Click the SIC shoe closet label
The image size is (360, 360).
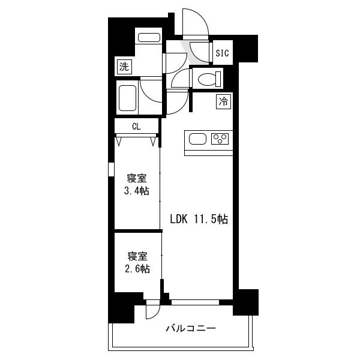pyautogui.click(x=222, y=53)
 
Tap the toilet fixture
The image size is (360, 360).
pyautogui.click(x=209, y=79)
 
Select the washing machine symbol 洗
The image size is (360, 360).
pyautogui.click(x=124, y=67)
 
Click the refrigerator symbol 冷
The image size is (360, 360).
pyautogui.click(x=223, y=101)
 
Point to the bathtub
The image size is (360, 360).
pyautogui.click(x=127, y=98)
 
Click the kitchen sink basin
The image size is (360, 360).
pyautogui.click(x=197, y=139)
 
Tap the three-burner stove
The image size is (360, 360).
pyautogui.click(x=220, y=139)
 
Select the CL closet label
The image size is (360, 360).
pyautogui.click(x=136, y=126)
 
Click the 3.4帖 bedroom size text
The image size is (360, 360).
pyautogui.click(x=137, y=191)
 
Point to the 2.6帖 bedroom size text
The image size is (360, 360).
pyautogui.click(x=137, y=269)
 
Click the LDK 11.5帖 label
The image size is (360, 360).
pyautogui.click(x=199, y=219)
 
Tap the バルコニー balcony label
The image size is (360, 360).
pyautogui.click(x=191, y=328)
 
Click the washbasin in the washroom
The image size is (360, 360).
pyautogui.click(x=149, y=38)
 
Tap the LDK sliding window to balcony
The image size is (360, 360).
pyautogui.click(x=195, y=302)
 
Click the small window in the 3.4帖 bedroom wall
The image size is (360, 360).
pyautogui.click(x=111, y=169)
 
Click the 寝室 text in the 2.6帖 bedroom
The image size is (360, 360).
pyautogui.click(x=137, y=256)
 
